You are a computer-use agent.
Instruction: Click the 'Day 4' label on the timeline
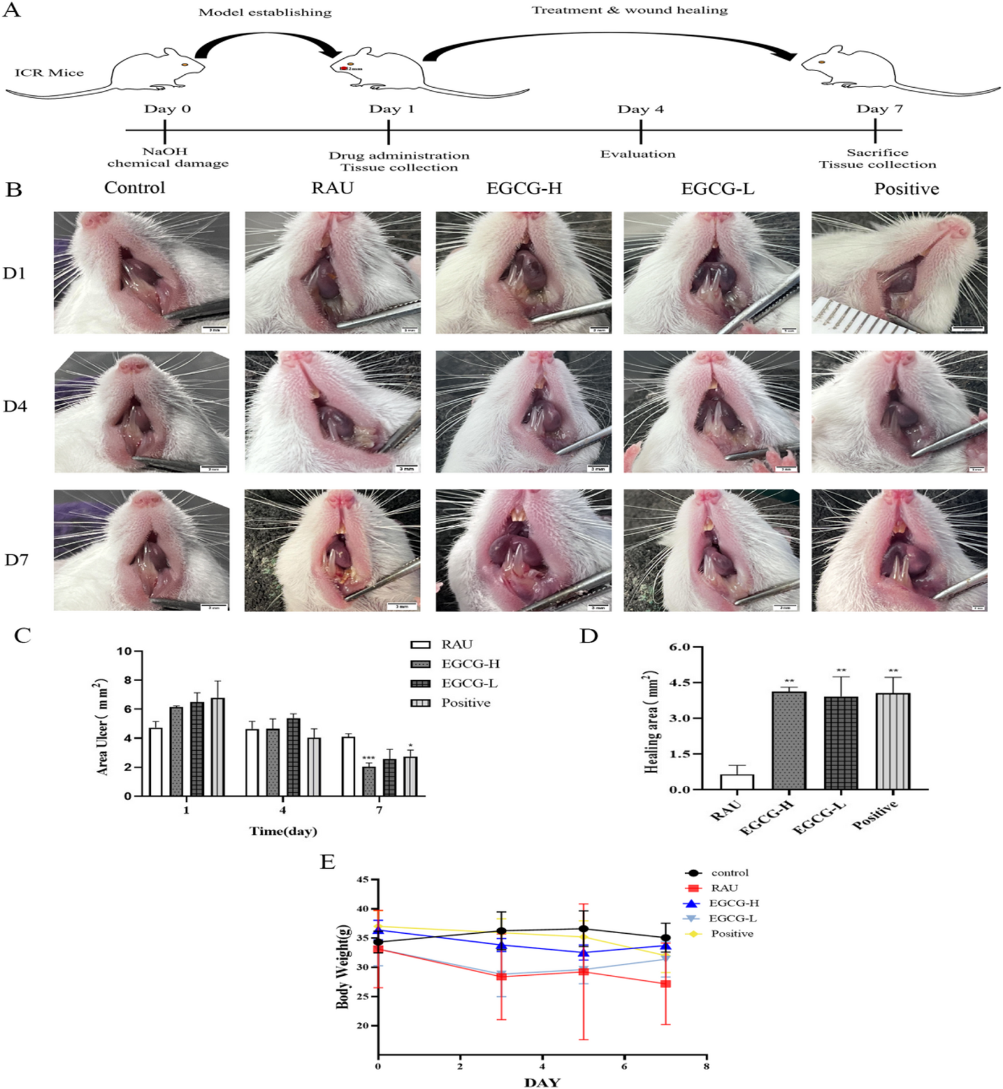640,109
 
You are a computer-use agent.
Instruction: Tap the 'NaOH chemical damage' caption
168,157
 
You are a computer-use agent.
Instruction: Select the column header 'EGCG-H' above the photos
524,188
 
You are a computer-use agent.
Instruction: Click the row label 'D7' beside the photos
17,560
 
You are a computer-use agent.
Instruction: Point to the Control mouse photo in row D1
142,273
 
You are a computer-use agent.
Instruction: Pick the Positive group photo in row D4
899,412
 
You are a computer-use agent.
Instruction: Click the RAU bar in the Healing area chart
736,782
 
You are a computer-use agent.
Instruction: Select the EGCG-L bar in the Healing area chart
840,743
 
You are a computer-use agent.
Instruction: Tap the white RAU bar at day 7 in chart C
348,766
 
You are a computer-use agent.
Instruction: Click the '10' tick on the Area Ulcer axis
124,651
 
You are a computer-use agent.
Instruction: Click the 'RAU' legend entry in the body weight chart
723,888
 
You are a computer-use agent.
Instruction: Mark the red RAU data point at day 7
665,984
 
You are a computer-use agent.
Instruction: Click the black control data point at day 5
583,929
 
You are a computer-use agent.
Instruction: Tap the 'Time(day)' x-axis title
283,831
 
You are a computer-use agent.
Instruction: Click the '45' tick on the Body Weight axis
362,879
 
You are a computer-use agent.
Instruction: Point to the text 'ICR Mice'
49,73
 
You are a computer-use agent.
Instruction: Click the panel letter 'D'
588,636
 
